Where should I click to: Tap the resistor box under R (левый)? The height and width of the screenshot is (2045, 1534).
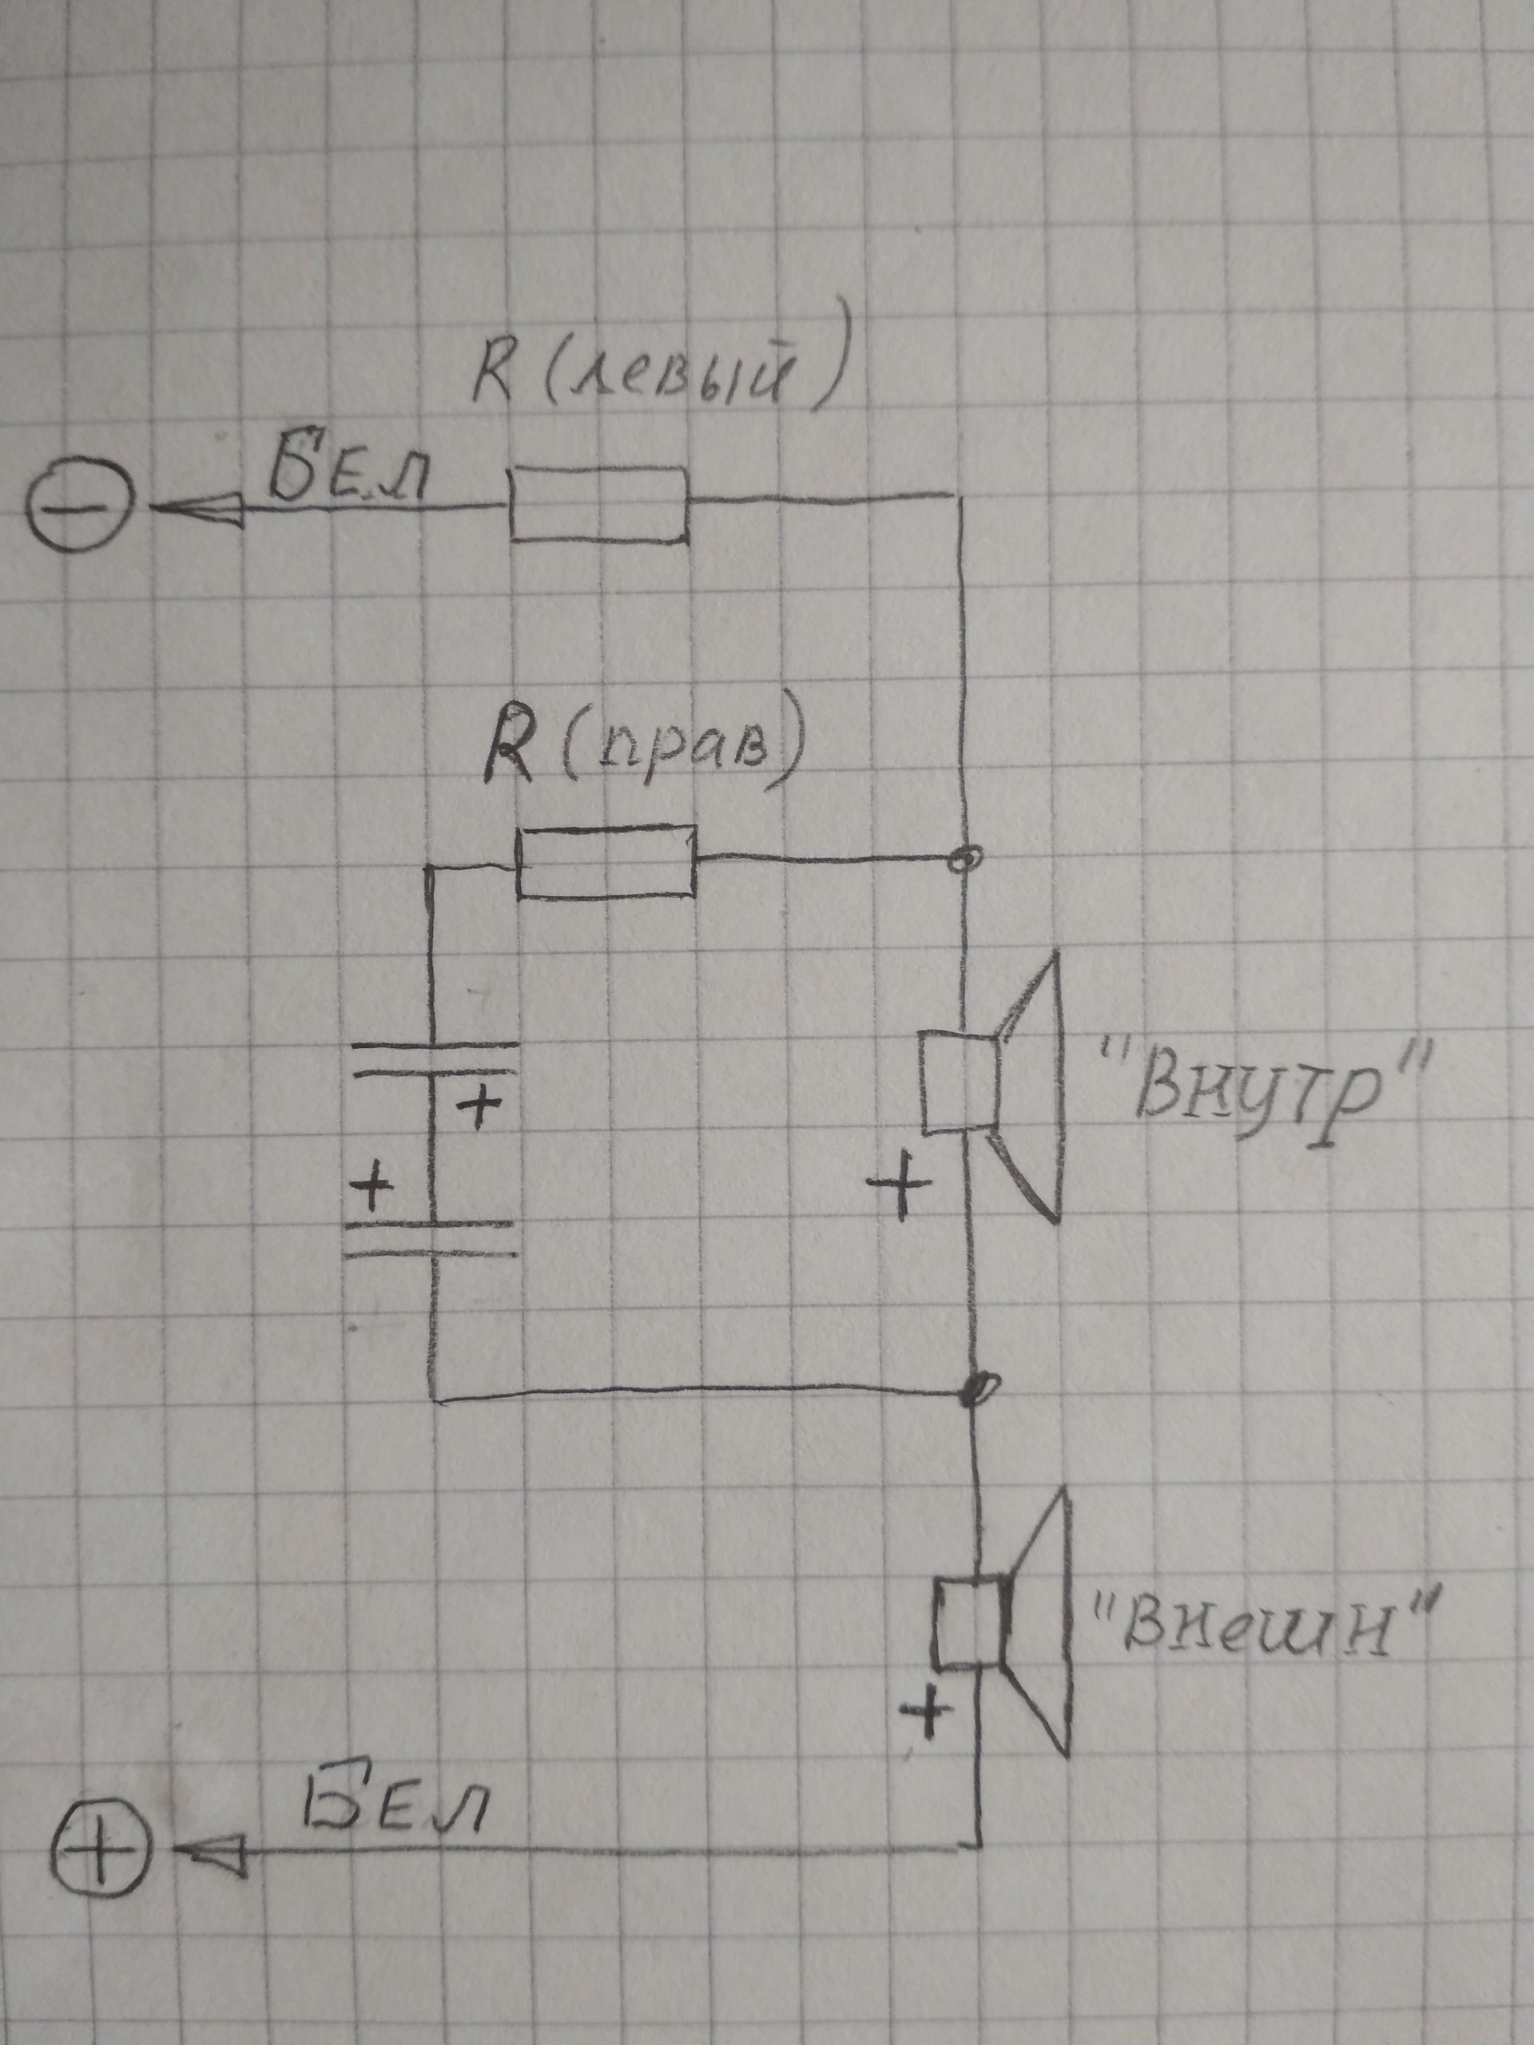point(599,504)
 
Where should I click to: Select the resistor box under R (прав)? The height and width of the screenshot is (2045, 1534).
point(606,862)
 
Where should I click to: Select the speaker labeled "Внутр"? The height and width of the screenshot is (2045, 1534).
point(993,1087)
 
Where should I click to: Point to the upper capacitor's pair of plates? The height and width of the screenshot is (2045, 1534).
point(435,1059)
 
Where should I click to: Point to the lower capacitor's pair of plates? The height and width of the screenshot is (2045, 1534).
point(430,1240)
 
